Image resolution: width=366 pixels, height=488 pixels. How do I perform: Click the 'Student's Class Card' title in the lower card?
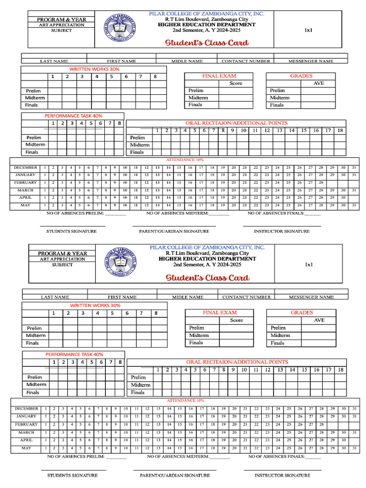207,278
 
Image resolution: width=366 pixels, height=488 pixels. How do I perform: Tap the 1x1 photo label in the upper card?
308,30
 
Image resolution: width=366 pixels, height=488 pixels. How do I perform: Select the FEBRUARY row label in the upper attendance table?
25,183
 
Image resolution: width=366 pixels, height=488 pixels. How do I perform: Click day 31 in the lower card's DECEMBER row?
354,409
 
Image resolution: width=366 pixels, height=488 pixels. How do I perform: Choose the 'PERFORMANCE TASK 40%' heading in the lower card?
74,354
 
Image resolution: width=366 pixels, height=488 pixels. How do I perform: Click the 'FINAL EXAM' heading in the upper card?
219,76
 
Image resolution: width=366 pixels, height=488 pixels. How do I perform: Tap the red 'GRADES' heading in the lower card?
302,313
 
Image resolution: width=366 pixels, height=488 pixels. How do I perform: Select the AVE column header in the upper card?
318,83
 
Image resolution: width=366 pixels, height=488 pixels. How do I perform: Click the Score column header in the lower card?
236,320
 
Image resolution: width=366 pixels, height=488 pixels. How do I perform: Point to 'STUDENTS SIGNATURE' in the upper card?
71,231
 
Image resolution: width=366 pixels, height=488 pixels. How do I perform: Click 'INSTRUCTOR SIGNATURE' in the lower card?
282,475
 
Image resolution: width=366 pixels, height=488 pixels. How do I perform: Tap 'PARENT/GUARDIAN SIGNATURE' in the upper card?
174,231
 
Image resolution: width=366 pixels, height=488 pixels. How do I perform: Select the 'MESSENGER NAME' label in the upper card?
311,61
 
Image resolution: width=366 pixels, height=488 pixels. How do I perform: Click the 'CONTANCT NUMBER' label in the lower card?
246,297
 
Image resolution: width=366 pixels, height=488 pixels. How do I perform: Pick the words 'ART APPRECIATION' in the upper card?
62,25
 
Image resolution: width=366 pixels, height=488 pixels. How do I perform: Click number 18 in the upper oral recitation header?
340,130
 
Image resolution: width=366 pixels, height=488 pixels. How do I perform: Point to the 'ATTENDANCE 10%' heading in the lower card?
185,401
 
